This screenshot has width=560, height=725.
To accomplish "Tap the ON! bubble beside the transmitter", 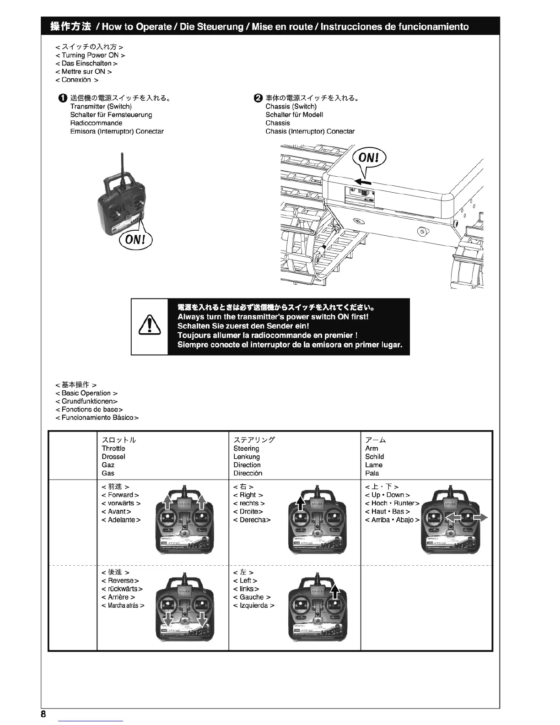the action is coord(135,239).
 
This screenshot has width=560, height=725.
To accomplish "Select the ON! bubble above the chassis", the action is coord(369,158).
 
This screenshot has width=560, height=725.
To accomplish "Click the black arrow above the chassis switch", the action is coord(362,182).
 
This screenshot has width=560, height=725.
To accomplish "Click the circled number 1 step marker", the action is coord(63,98).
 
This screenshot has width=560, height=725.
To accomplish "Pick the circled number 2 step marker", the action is coord(258,98).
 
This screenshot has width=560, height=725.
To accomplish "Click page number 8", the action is coord(43,714).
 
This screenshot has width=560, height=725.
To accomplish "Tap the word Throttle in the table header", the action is coord(113,449).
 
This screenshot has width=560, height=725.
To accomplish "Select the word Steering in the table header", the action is coord(246,449).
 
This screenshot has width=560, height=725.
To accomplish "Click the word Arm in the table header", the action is coord(372,449).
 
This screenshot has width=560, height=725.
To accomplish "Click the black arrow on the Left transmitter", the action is coord(335,591).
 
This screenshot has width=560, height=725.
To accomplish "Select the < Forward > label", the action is coord(120,495).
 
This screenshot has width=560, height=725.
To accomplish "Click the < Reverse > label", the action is coord(120,581).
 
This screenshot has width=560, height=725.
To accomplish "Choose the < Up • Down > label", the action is coord(388,495).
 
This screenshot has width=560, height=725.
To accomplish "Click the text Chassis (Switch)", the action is coord(291,106).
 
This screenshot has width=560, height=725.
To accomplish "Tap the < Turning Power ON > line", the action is coord(90,55).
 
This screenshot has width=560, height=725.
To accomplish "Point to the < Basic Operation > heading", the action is coord(86,393).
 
